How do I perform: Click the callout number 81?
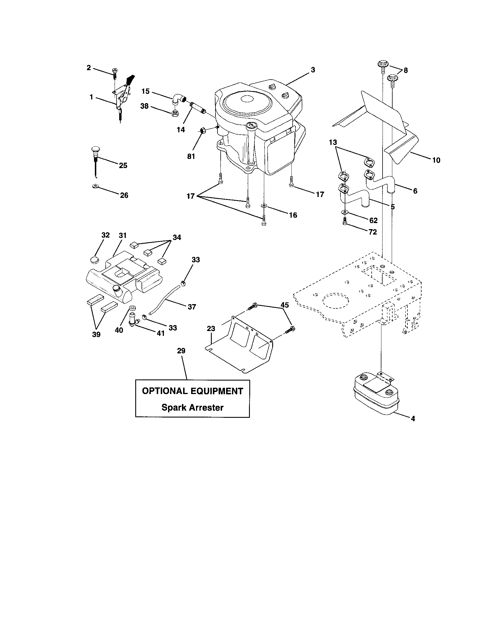pos(191,156)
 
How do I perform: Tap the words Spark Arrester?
pos(192,407)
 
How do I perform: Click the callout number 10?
pos(436,160)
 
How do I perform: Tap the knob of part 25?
pos(95,150)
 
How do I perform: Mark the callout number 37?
pos(192,307)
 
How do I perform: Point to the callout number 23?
pos(211,328)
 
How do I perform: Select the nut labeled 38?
pos(175,113)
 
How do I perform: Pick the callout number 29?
pos(181,351)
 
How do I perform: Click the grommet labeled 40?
pos(133,307)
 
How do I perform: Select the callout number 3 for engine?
pos(313,70)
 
